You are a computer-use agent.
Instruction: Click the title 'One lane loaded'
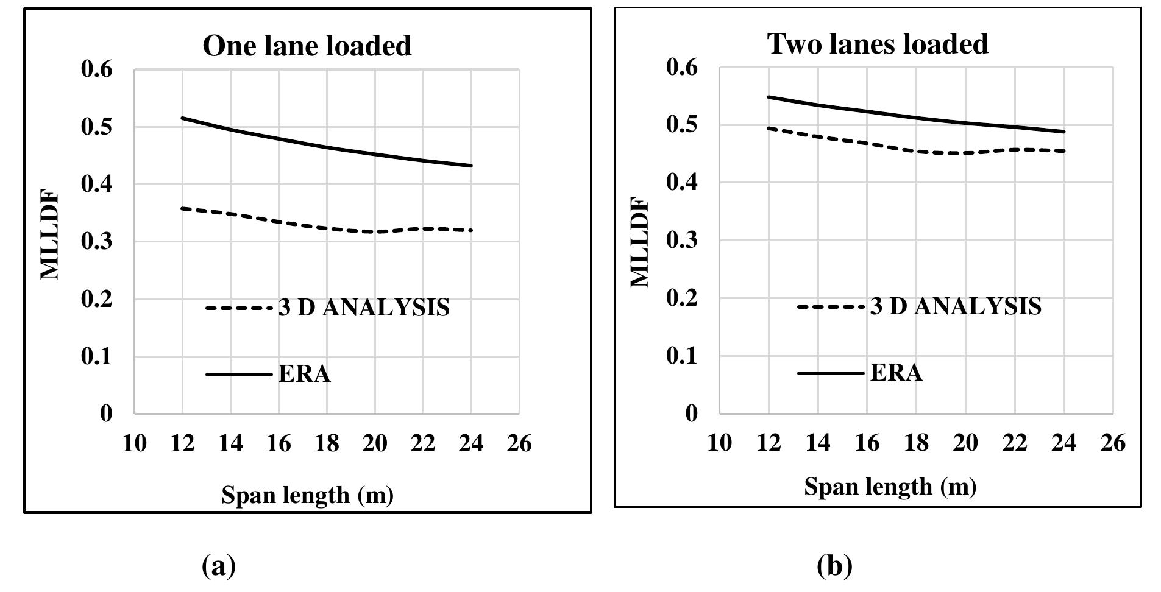(x=307, y=46)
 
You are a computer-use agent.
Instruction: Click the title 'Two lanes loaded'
(x=878, y=44)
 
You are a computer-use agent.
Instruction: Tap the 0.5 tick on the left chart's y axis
(x=97, y=127)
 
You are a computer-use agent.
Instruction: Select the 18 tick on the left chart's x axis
(x=327, y=443)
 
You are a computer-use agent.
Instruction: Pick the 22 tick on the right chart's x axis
(x=1015, y=442)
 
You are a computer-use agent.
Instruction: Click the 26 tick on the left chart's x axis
(x=519, y=443)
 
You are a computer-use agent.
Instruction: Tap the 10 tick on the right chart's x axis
(x=719, y=442)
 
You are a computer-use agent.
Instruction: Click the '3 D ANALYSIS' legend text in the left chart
(x=364, y=308)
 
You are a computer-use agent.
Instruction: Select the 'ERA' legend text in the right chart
(x=896, y=372)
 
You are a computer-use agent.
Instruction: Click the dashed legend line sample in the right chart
(x=831, y=306)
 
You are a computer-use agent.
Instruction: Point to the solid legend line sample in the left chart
(x=239, y=374)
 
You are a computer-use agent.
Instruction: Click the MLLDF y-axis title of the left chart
(x=50, y=235)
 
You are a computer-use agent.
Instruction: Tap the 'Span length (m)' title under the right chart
(x=890, y=487)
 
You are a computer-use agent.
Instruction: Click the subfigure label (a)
(x=218, y=566)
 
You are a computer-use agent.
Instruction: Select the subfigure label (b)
(x=834, y=566)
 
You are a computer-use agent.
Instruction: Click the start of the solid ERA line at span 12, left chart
(x=182, y=118)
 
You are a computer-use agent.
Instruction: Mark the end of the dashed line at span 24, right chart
(x=1063, y=151)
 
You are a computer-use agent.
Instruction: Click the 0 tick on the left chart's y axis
(x=106, y=414)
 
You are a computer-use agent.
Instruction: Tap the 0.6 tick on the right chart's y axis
(x=682, y=67)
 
